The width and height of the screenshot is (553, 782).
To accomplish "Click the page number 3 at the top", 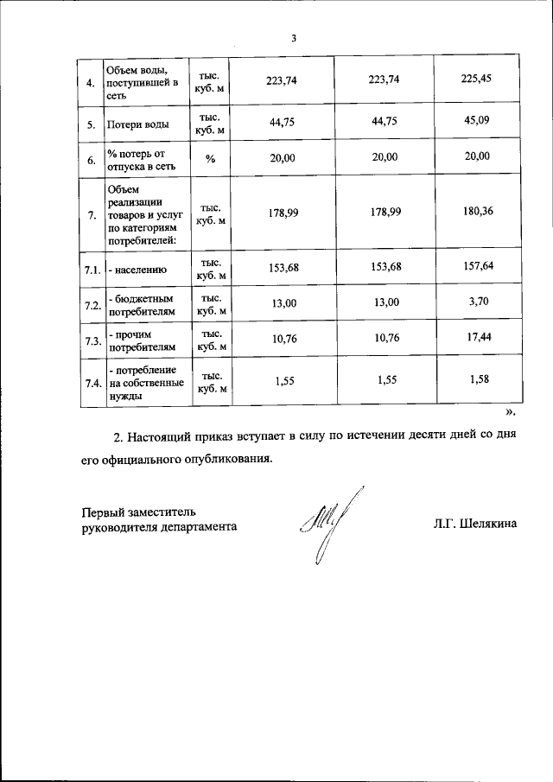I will click(x=294, y=39).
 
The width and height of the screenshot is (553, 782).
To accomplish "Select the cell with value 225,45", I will click(x=477, y=80).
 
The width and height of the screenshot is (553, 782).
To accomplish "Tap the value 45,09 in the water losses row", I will click(x=477, y=121).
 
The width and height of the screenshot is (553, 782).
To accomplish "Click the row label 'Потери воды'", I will click(x=138, y=124).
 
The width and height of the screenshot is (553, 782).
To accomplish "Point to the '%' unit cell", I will click(x=210, y=158).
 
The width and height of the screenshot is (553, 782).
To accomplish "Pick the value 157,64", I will click(x=477, y=266).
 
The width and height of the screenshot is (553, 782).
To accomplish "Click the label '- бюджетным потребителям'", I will click(x=140, y=303).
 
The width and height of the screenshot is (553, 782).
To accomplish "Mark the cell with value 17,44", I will click(x=477, y=338).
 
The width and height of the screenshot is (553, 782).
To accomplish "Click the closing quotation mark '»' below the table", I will click(x=510, y=412).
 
